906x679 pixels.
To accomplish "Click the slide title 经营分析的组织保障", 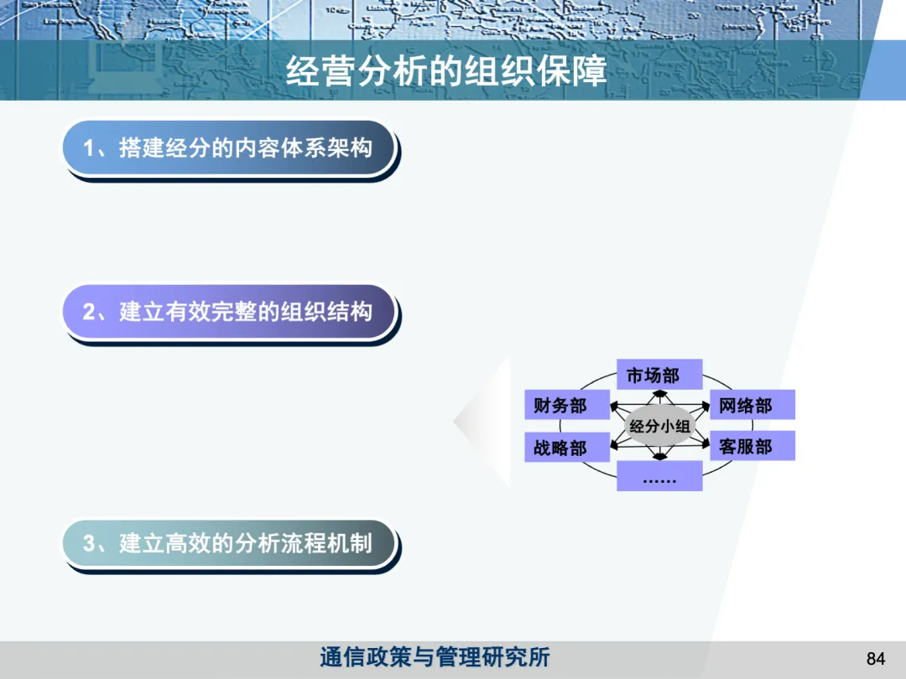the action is coord(445,71).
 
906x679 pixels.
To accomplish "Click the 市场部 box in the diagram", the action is coord(659,375).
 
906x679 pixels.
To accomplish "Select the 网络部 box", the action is coord(752,406).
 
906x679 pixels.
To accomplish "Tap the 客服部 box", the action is coord(752,446).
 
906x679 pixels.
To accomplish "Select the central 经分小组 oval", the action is coord(659,427).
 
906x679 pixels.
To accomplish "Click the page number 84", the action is coord(875,658).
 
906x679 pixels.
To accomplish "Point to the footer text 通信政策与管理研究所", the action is coord(435,657).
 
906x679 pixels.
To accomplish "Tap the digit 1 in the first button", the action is coord(89,148).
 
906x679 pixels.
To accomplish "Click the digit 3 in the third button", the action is coord(89,543).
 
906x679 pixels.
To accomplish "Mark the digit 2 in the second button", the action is coord(89,312).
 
